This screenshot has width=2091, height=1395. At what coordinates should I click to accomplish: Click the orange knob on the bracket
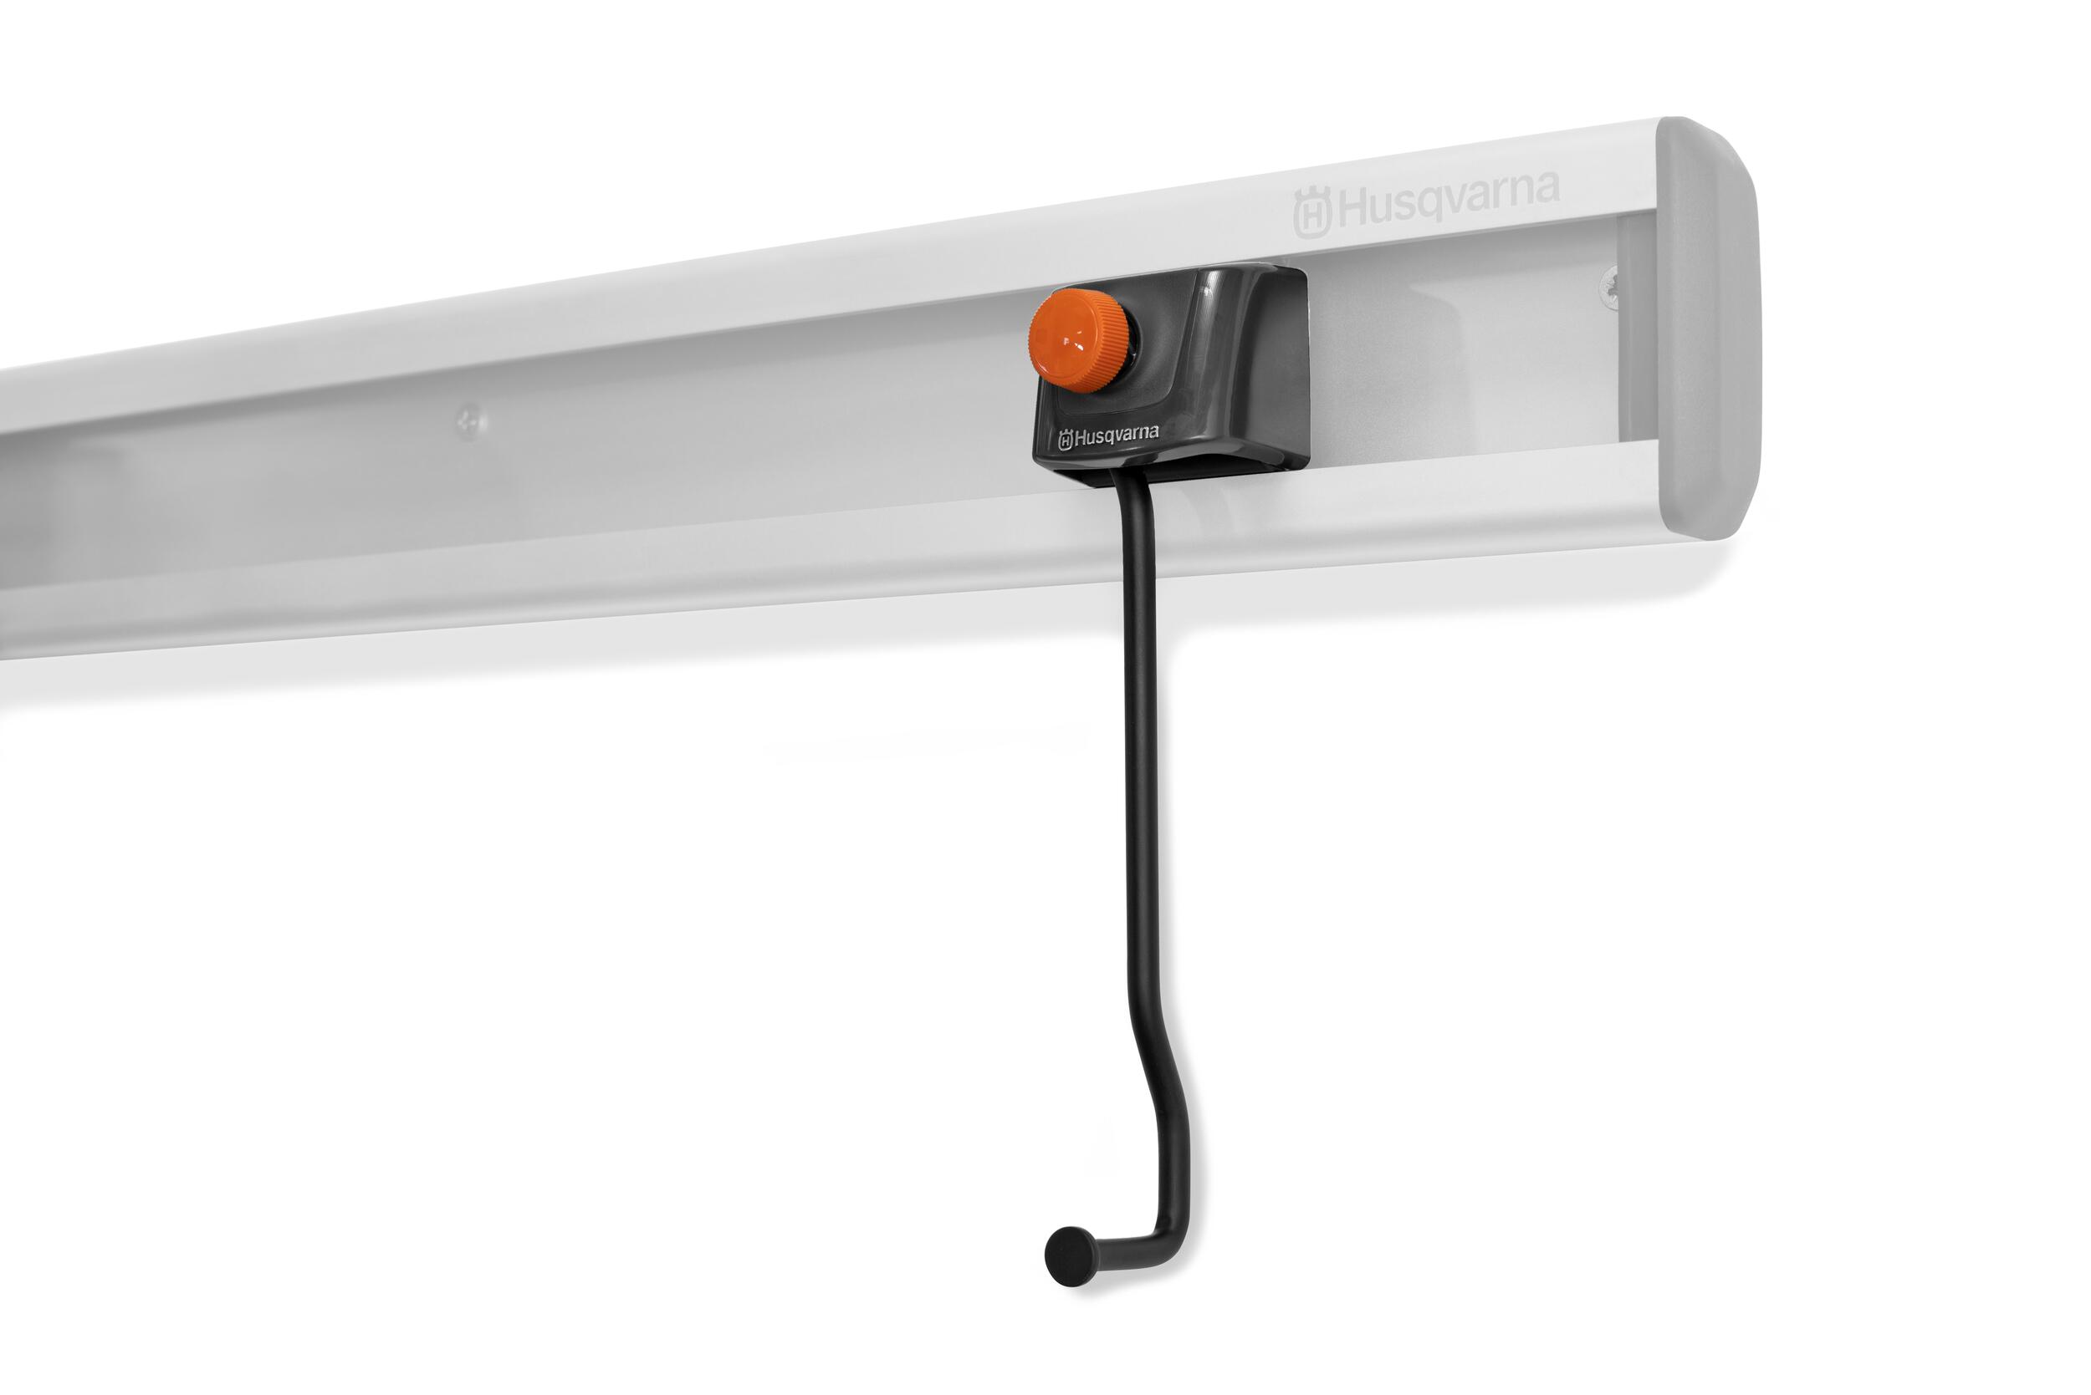click(1079, 340)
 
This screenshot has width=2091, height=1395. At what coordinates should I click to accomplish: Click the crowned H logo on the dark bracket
click(1066, 440)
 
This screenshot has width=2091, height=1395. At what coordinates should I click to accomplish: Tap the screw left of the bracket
click(471, 422)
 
